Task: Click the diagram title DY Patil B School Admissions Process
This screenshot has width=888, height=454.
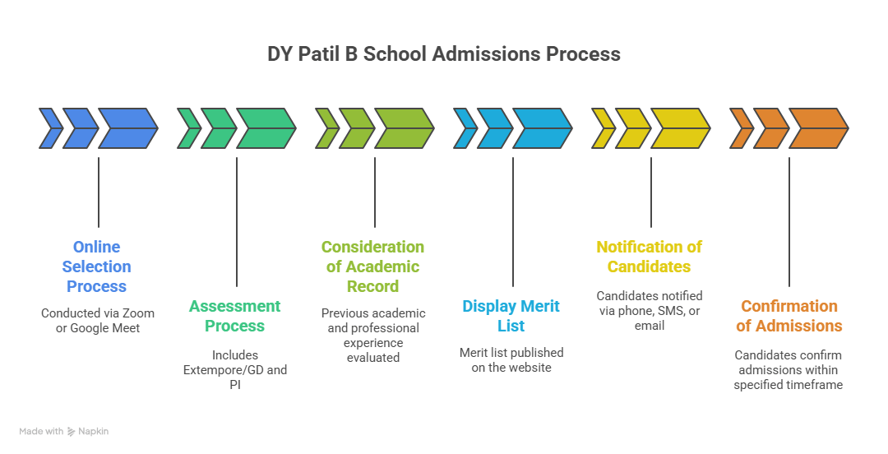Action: (444, 54)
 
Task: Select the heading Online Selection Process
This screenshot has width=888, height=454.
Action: (97, 266)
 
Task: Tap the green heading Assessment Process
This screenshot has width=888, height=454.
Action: (235, 316)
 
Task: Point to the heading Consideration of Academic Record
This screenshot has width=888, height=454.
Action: (373, 266)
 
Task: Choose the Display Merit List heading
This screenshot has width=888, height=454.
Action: (511, 316)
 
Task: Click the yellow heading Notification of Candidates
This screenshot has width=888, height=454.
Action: (650, 257)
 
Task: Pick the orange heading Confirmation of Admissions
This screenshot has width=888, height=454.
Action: (789, 316)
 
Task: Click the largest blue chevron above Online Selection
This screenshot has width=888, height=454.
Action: (128, 128)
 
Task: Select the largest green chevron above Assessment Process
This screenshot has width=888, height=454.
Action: (266, 128)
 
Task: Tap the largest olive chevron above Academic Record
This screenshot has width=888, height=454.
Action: (405, 128)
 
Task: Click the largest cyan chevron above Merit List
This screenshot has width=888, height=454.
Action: (543, 128)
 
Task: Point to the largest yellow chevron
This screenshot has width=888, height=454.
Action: (681, 128)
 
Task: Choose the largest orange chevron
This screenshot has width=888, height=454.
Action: (819, 128)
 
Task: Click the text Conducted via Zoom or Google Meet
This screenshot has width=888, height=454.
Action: (97, 321)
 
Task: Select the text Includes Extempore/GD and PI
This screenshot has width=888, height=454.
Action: (235, 370)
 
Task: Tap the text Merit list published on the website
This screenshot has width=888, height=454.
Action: (511, 360)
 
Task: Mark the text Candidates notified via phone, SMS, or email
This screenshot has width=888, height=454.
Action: (650, 311)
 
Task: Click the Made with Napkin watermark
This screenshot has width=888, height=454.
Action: (64, 431)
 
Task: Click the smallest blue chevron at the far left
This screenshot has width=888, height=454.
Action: (50, 128)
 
